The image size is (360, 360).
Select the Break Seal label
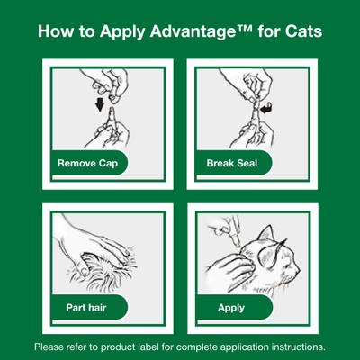pyautogui.click(x=228, y=165)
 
